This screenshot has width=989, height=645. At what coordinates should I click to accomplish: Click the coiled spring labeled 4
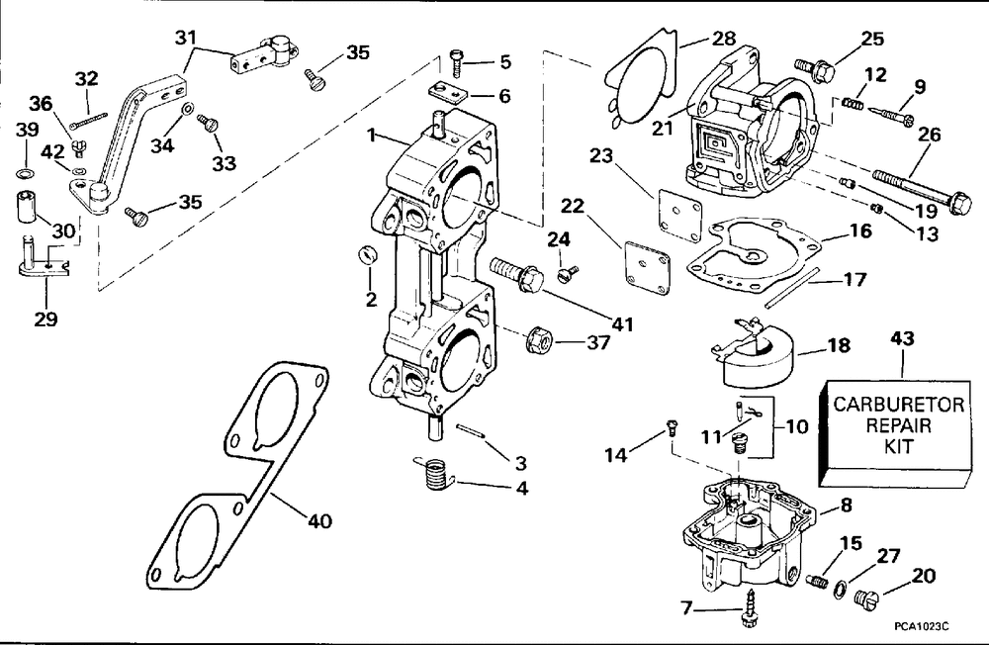coord(434,473)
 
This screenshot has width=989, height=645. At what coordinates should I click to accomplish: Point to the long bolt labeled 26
coord(922,187)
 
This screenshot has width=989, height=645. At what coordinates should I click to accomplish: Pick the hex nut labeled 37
coord(539,341)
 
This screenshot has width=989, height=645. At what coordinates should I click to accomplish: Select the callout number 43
coord(902,338)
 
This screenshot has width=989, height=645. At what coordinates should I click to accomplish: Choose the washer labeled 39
coord(24,173)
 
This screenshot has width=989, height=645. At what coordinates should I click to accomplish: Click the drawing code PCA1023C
coord(922,626)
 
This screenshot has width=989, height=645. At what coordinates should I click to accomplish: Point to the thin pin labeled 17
coord(793,289)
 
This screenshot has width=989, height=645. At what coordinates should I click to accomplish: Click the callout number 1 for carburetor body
coord(372,136)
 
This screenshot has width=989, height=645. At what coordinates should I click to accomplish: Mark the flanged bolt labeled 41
coord(516,273)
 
